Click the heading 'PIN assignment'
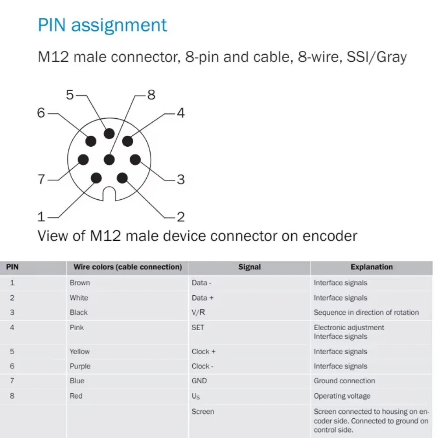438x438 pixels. [x=102, y=25]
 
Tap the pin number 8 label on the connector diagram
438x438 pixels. [x=151, y=94]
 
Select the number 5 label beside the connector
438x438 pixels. [x=70, y=94]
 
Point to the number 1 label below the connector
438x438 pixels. [x=41, y=216]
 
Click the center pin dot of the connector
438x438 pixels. [x=109, y=160]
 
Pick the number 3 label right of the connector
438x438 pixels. [x=180, y=179]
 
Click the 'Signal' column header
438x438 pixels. [x=249, y=267]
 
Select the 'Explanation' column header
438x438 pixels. [x=371, y=267]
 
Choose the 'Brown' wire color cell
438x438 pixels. [x=80, y=283]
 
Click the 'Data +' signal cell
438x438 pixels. [x=202, y=298]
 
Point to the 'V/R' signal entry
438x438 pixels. [x=198, y=312]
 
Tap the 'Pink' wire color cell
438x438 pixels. [x=77, y=327]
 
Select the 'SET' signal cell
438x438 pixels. [x=198, y=327]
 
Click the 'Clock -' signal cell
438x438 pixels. [x=203, y=366]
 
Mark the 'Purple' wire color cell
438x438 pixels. [x=80, y=366]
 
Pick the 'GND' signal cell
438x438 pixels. [x=199, y=381]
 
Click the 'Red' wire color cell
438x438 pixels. [x=76, y=396]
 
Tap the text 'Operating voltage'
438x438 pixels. [x=342, y=396]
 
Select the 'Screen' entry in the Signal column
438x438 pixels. [x=203, y=411]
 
